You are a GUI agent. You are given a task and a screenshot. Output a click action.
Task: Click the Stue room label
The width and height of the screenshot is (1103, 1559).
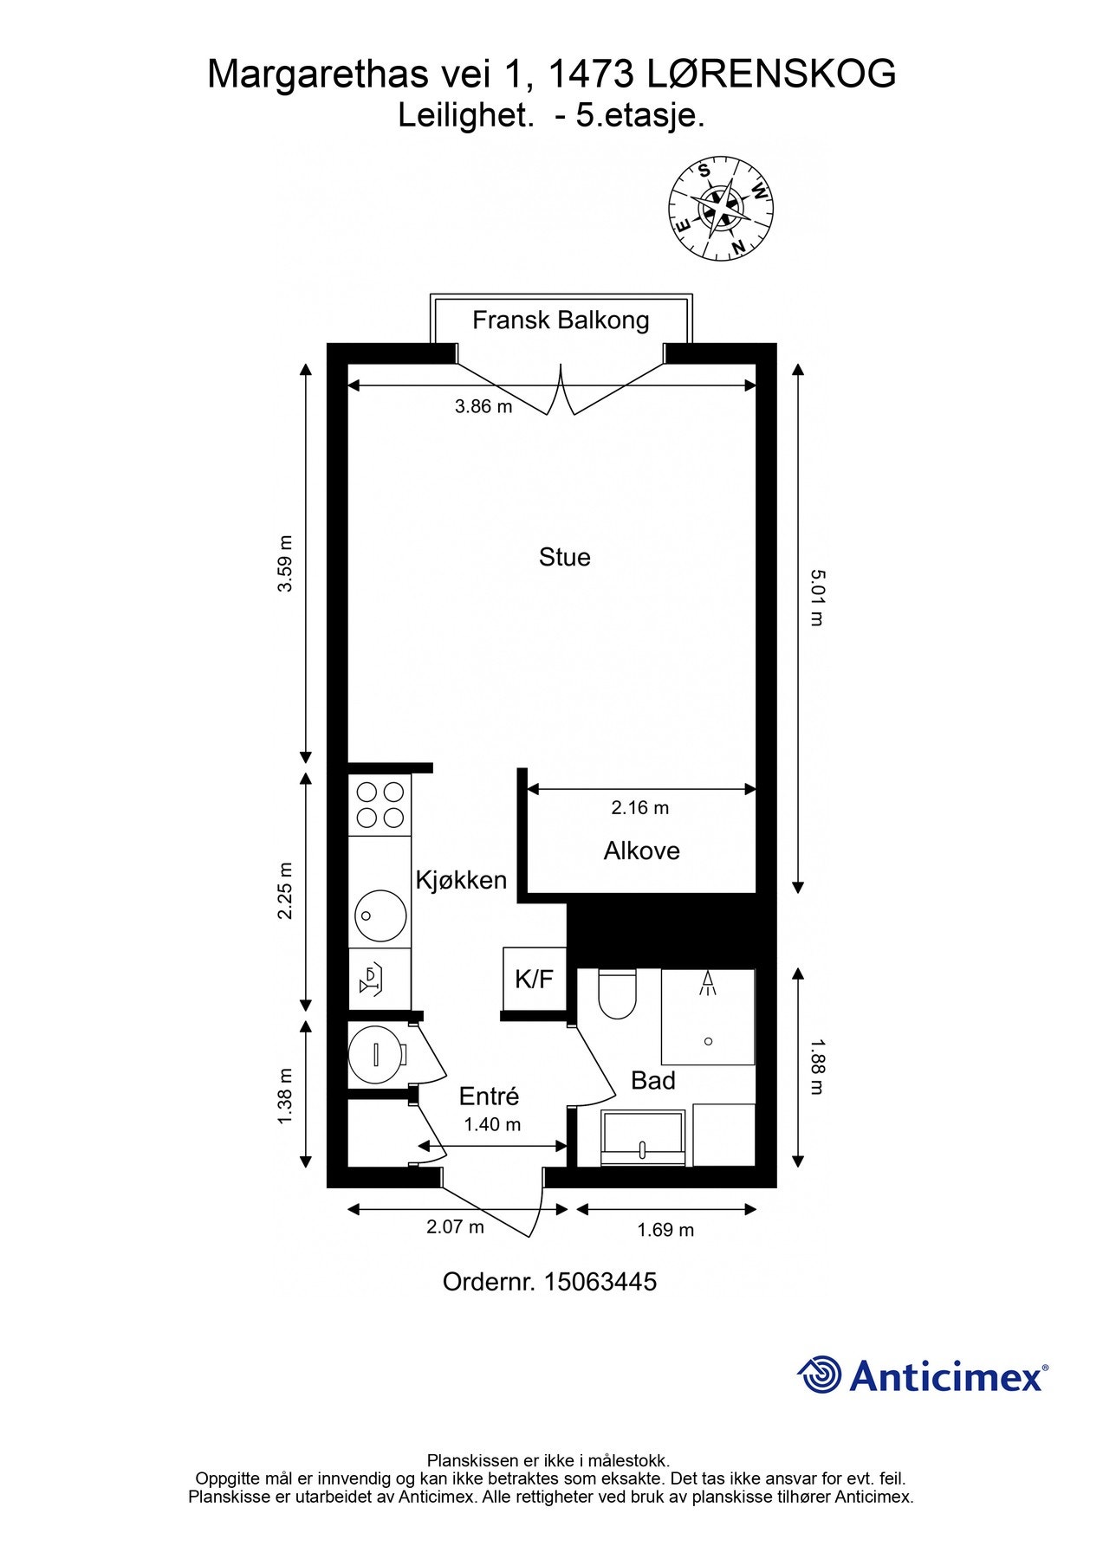(564, 557)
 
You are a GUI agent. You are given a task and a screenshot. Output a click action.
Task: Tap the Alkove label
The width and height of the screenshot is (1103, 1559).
(641, 851)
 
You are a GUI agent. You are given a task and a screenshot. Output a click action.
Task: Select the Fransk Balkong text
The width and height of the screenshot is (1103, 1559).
(561, 320)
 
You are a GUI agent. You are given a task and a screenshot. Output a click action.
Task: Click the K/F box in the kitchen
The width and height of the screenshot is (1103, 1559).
(534, 980)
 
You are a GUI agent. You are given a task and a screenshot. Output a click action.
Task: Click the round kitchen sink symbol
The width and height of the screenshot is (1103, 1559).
(380, 915)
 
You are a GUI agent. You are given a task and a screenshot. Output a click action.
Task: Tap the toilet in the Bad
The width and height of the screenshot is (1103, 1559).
(617, 993)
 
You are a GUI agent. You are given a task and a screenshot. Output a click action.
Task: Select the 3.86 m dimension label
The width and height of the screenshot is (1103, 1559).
(483, 406)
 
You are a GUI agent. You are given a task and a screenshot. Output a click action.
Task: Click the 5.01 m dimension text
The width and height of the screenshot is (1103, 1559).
(816, 598)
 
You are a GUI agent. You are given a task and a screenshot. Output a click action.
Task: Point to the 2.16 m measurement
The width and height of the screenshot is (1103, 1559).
(639, 808)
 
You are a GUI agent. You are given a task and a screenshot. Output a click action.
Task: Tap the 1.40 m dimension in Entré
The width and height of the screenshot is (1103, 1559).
(492, 1125)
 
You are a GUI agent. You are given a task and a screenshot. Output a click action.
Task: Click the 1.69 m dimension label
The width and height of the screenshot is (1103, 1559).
(665, 1230)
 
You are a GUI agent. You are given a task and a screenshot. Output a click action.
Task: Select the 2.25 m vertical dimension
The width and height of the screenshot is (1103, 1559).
(285, 891)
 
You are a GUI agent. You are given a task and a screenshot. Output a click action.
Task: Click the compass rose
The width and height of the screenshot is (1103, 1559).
(721, 208)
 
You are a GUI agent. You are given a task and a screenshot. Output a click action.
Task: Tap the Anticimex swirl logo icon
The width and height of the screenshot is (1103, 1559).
(819, 1375)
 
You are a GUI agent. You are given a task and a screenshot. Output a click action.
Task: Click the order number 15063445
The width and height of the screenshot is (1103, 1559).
(600, 1282)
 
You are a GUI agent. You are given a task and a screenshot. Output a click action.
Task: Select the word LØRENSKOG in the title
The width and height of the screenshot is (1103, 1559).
(771, 74)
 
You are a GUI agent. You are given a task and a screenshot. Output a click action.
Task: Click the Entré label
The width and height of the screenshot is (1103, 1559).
(489, 1096)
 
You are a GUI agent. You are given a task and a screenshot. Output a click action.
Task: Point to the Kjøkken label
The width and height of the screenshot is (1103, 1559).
(461, 881)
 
